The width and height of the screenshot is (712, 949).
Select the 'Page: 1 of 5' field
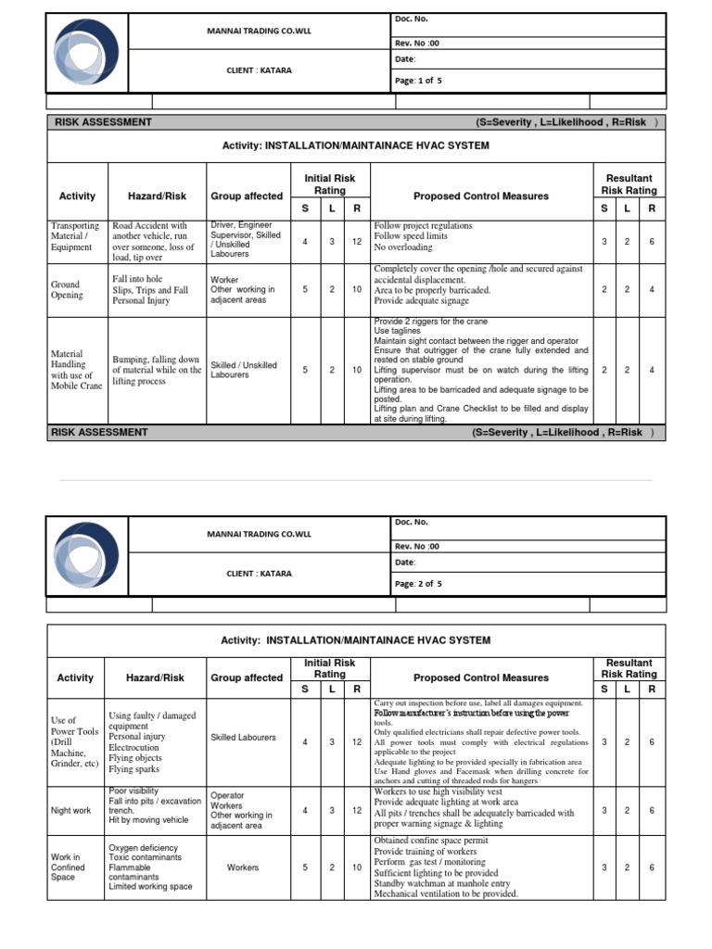(418, 81)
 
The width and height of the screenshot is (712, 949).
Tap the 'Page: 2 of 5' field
(418, 584)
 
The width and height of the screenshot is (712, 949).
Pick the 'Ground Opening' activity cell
(67, 290)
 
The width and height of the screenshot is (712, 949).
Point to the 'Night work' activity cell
(71, 810)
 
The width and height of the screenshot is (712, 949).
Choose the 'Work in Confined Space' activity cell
(65, 867)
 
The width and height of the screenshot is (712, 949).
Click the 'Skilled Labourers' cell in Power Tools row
(243, 737)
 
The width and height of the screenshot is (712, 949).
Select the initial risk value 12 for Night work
(356, 810)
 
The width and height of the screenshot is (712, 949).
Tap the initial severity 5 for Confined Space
(305, 867)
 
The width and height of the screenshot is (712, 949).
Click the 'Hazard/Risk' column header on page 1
(157, 196)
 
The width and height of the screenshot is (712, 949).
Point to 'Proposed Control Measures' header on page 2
(480, 677)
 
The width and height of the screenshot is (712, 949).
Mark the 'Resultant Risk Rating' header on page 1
(629, 183)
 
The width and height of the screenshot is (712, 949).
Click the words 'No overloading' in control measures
(403, 247)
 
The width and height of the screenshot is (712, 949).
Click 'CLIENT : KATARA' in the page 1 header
(259, 70)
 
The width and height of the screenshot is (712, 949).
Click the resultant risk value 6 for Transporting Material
(652, 241)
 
